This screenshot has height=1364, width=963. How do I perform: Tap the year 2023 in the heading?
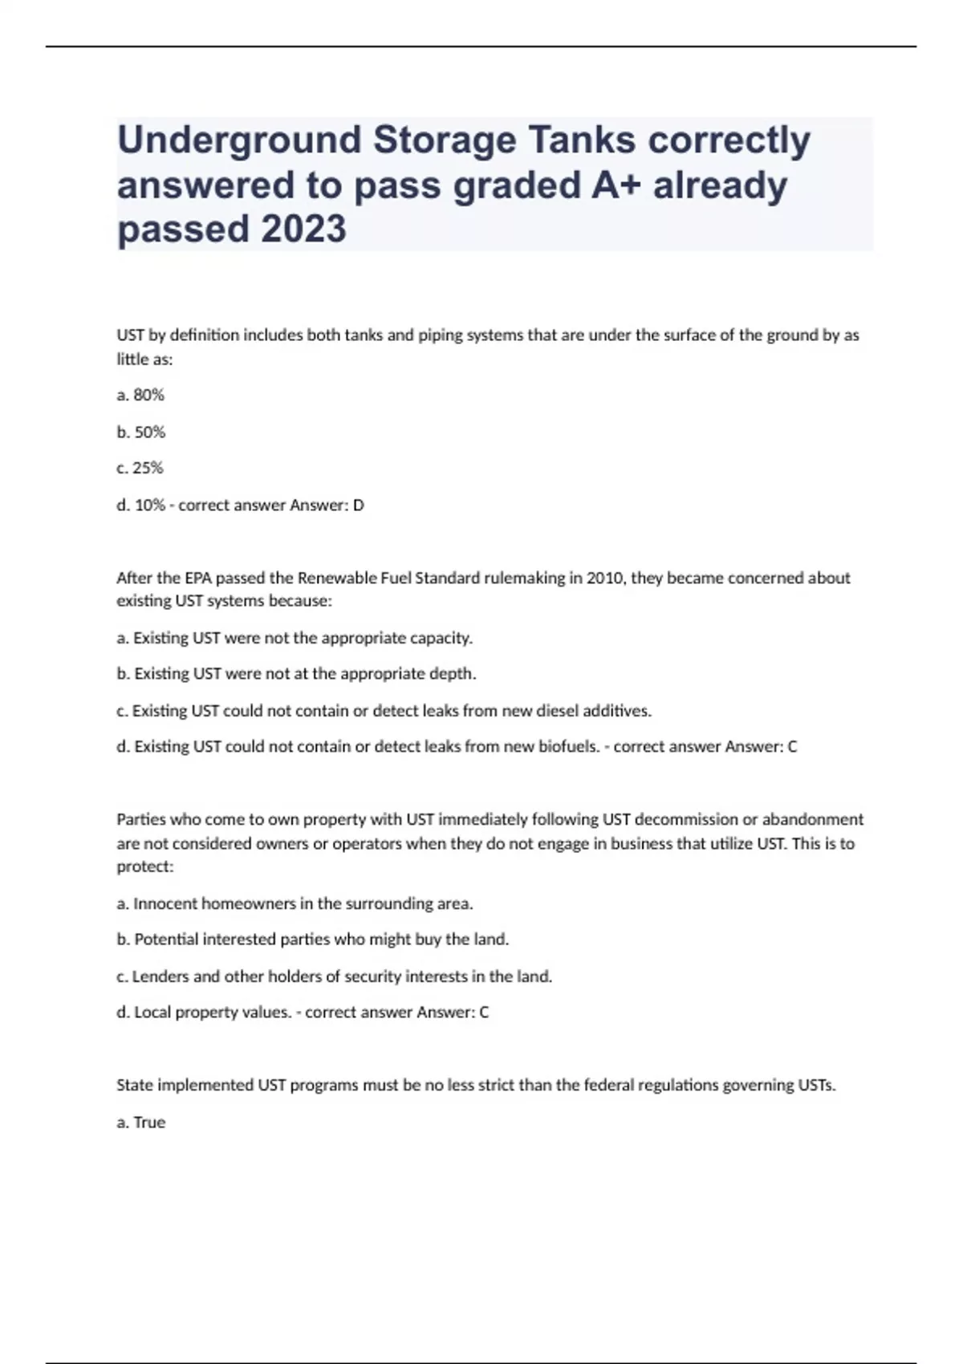[x=304, y=229]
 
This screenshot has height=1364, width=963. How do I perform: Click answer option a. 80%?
[x=140, y=395]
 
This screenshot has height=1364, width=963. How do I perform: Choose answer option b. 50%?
[x=141, y=432]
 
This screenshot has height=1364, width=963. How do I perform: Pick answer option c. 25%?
[x=140, y=468]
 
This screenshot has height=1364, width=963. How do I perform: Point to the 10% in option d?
[x=150, y=505]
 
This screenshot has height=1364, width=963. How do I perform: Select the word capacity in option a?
[x=441, y=638]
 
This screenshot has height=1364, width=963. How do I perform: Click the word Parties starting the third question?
[x=138, y=819]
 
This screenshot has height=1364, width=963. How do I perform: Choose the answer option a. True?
[x=141, y=1122]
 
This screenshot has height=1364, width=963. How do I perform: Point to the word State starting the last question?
[x=135, y=1086]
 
